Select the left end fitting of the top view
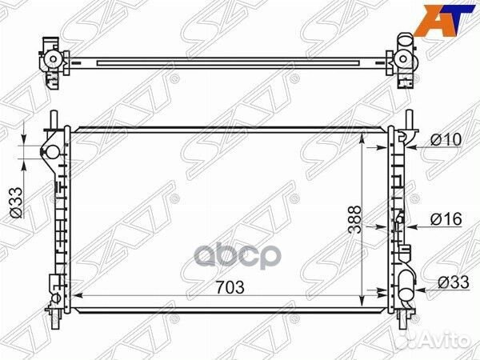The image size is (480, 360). (x=51, y=60)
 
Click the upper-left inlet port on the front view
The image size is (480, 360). (x=50, y=152)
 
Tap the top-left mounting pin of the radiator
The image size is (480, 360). (x=53, y=118)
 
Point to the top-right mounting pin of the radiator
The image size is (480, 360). (x=409, y=118)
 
